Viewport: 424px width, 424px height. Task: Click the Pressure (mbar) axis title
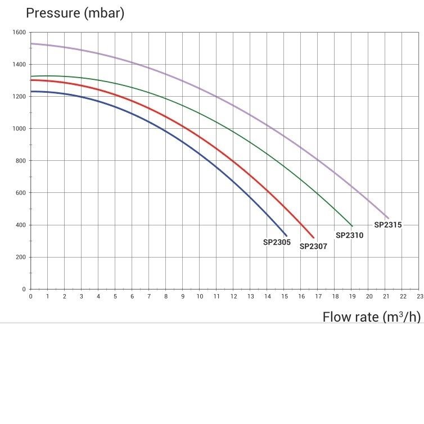pyautogui.click(x=75, y=13)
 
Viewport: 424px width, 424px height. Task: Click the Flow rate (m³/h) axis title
pyautogui.click(x=372, y=317)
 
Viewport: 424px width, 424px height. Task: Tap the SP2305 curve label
pyautogui.click(x=277, y=242)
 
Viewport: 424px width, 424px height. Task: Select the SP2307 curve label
pyautogui.click(x=313, y=246)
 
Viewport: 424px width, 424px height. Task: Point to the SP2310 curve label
pyautogui.click(x=350, y=235)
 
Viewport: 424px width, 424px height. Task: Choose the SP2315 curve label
pyautogui.click(x=388, y=225)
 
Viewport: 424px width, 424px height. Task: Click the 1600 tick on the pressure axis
pyautogui.click(x=19, y=32)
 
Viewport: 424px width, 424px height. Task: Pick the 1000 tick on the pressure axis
pyautogui.click(x=19, y=128)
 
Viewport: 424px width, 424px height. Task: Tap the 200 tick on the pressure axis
pyautogui.click(x=21, y=257)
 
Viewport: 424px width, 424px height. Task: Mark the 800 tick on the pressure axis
pyautogui.click(x=21, y=161)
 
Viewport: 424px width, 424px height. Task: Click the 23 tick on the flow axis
pyautogui.click(x=420, y=296)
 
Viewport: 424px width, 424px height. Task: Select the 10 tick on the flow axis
pyautogui.click(x=200, y=296)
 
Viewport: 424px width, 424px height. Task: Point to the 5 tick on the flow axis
pyautogui.click(x=115, y=296)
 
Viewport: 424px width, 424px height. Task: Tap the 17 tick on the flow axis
pyautogui.click(x=318, y=296)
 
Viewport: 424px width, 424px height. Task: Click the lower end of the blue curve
pyautogui.click(x=286, y=236)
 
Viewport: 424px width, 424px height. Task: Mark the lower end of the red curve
pyautogui.click(x=314, y=238)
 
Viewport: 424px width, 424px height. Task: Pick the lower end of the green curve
pyautogui.click(x=352, y=226)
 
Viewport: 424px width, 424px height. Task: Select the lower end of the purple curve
pyautogui.click(x=389, y=218)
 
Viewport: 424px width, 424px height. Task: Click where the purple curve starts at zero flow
pyautogui.click(x=31, y=43)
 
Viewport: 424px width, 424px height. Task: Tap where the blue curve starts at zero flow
pyautogui.click(x=31, y=92)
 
